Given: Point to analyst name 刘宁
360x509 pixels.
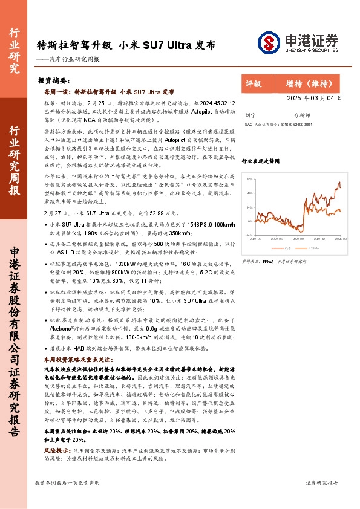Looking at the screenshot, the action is click(x=250, y=114).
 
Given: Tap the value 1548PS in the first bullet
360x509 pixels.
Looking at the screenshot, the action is click(x=182, y=224).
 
